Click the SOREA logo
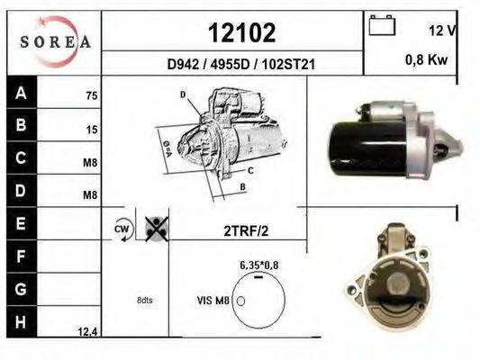55,41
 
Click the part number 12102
242,33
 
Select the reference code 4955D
230,65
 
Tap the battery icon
382,25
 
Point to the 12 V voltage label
442,31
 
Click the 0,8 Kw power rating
427,59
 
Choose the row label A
21,93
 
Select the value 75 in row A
92,96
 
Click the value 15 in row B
92,130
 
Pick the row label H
21,322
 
